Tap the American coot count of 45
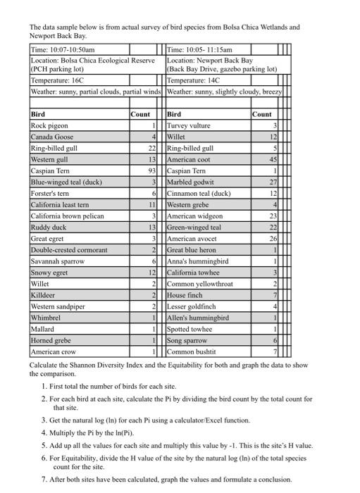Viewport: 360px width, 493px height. tap(275, 160)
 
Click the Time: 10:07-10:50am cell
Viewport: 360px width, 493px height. tap(63, 50)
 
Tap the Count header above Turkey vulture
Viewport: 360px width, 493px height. tap(261, 113)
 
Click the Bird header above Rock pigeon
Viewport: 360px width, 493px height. tap(39, 113)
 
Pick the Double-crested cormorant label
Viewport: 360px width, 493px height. tap(69, 250)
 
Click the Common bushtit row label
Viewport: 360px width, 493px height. tap(192, 351)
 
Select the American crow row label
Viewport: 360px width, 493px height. tap(54, 351)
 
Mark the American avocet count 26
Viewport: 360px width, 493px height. tap(275, 239)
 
